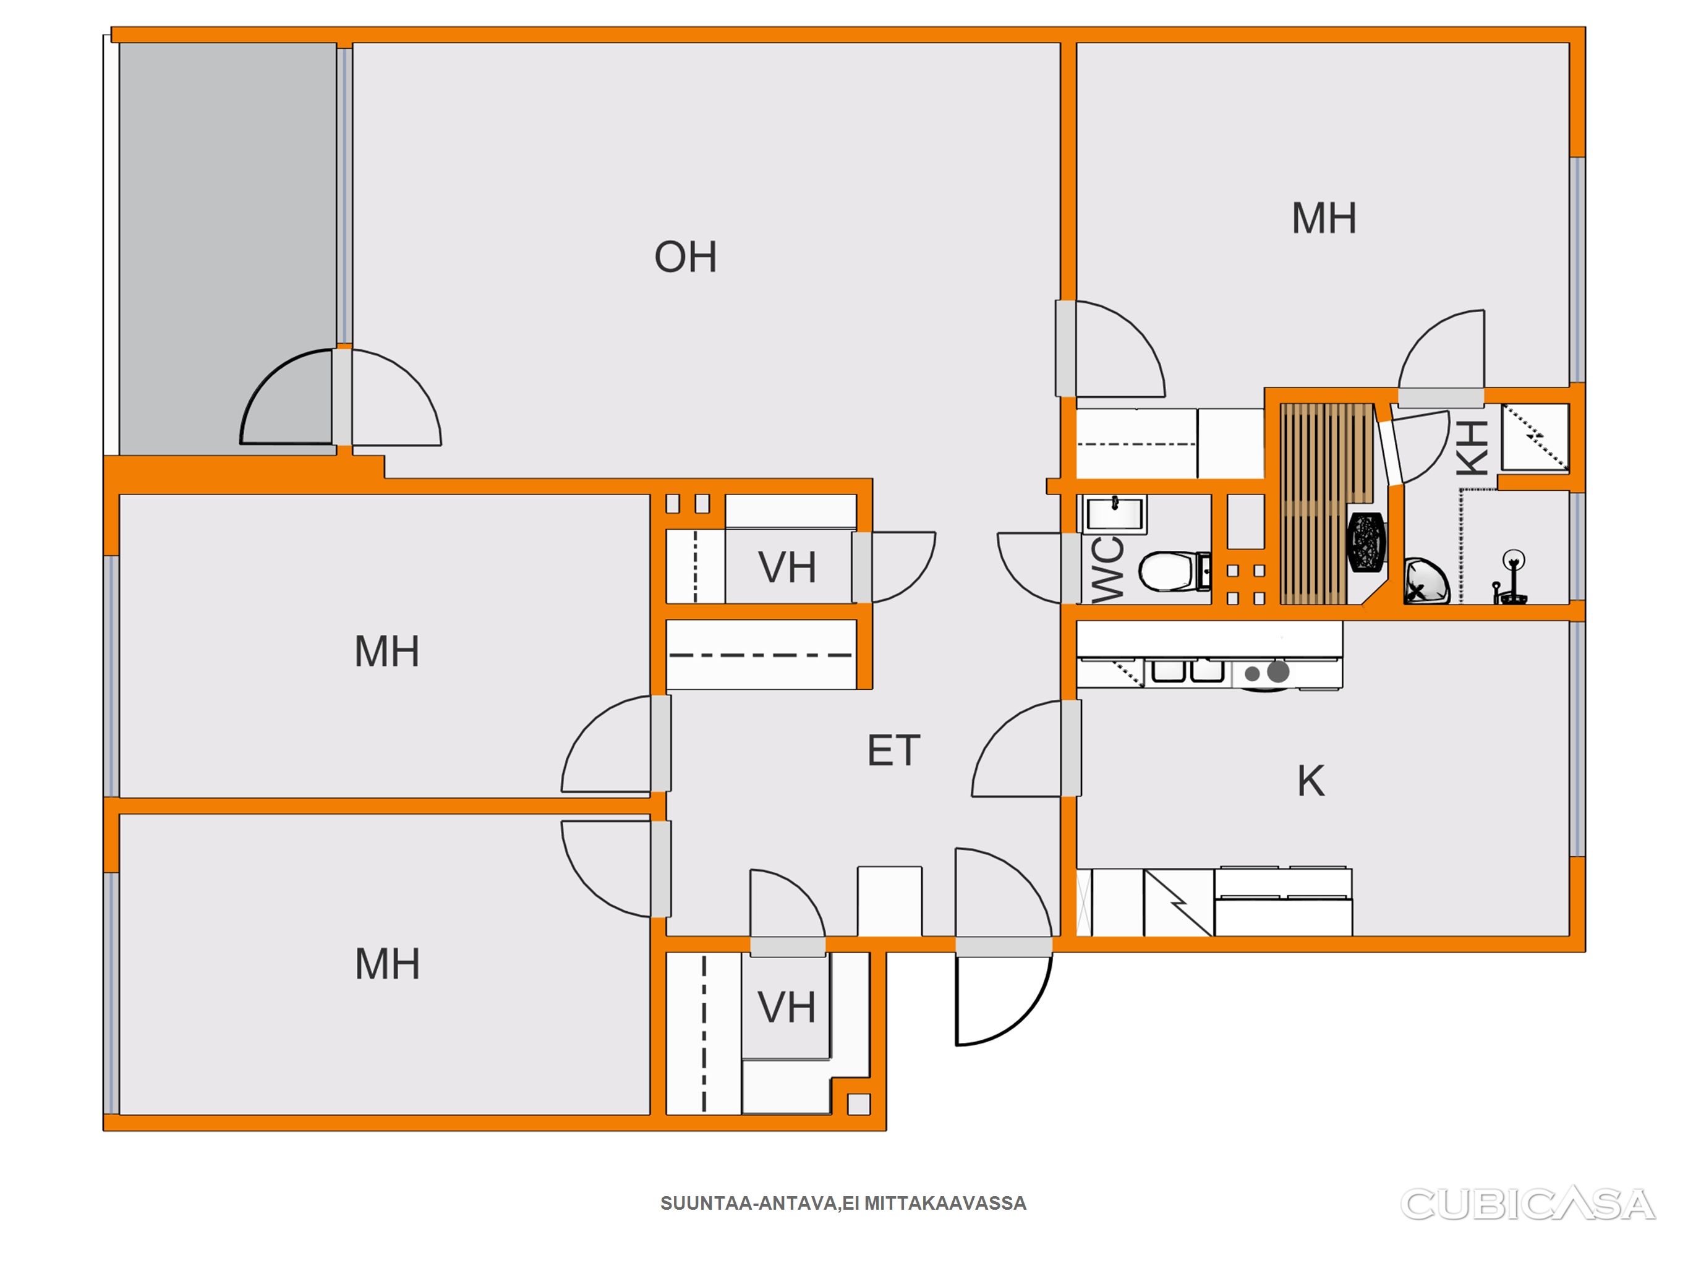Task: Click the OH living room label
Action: click(x=685, y=257)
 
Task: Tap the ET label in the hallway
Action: click(x=893, y=751)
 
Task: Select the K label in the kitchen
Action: click(x=1311, y=781)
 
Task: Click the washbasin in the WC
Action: click(x=1115, y=514)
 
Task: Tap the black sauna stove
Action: click(x=1368, y=541)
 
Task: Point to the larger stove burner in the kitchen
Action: click(x=1278, y=671)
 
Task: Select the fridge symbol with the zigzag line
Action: click(x=1179, y=902)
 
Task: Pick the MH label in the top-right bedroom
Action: click(x=1324, y=218)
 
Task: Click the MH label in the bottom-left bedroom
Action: click(x=388, y=964)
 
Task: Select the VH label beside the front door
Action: click(x=786, y=1008)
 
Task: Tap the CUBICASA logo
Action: click(x=1528, y=1204)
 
